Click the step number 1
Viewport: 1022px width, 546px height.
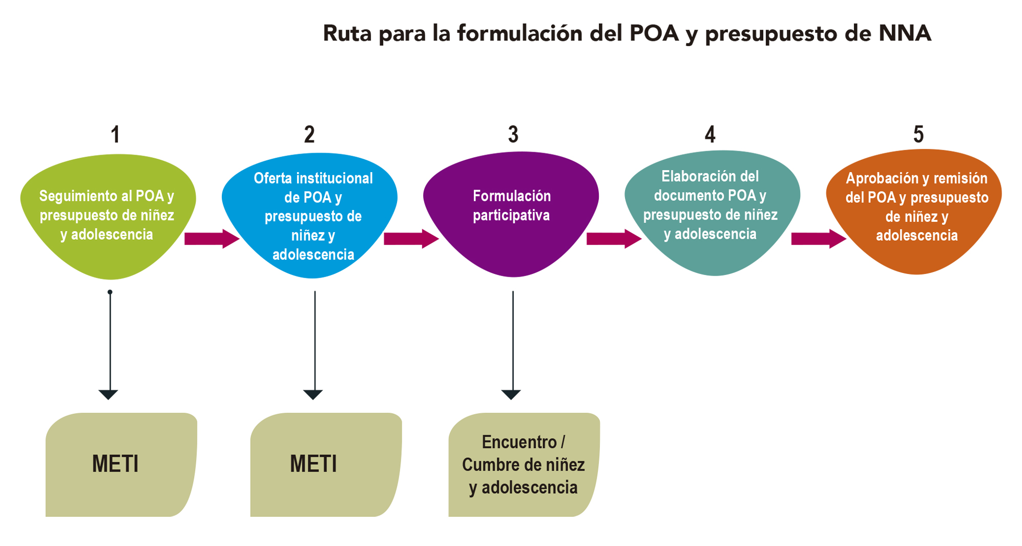[x=115, y=135]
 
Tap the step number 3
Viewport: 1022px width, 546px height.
[x=513, y=135]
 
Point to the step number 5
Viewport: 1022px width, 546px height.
[x=918, y=135]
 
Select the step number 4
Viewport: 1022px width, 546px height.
[x=710, y=135]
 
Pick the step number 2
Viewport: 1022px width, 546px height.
[x=309, y=135]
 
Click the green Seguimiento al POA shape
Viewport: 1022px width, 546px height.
[x=108, y=215]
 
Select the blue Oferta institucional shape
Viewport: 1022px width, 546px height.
[x=312, y=215]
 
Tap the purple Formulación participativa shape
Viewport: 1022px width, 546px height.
[x=511, y=215]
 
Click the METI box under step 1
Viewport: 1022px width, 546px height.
[x=120, y=464]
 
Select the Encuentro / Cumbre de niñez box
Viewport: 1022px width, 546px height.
[x=524, y=465]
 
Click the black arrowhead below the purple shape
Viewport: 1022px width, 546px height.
[x=511, y=394]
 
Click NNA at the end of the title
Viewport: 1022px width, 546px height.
[x=905, y=33]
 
